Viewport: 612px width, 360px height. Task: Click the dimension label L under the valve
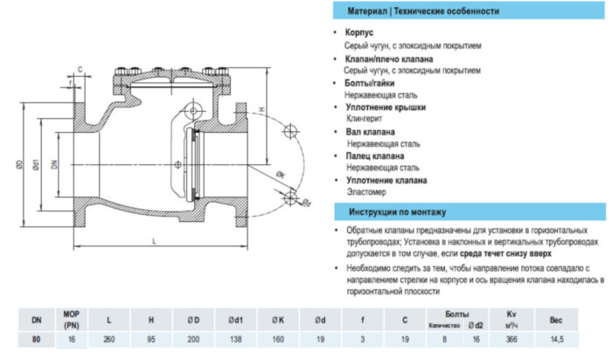click(x=154, y=239)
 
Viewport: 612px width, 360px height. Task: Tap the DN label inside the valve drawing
click(x=53, y=163)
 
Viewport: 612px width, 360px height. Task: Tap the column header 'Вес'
click(x=556, y=321)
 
